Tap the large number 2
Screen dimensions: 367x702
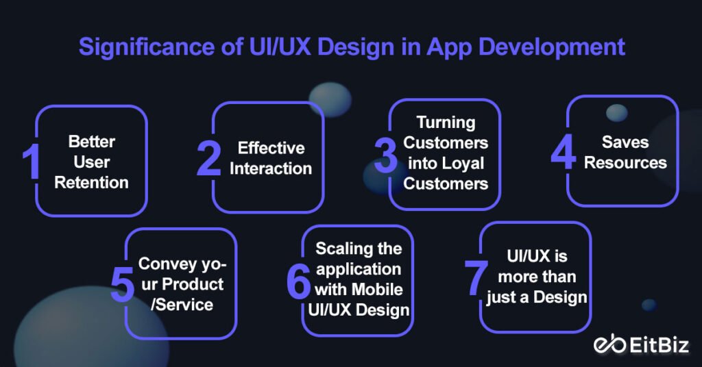(x=208, y=160)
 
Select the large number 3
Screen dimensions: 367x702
(x=385, y=155)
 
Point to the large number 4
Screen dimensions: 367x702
(x=563, y=152)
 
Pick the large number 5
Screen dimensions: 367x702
(x=122, y=284)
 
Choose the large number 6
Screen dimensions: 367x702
(x=298, y=281)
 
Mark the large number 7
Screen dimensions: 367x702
(x=476, y=278)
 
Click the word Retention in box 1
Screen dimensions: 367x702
(x=91, y=183)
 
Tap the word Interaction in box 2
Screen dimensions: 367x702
(x=271, y=168)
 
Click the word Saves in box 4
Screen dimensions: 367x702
(x=625, y=142)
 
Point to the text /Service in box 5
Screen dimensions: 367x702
(x=181, y=305)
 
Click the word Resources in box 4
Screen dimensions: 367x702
(x=625, y=163)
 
